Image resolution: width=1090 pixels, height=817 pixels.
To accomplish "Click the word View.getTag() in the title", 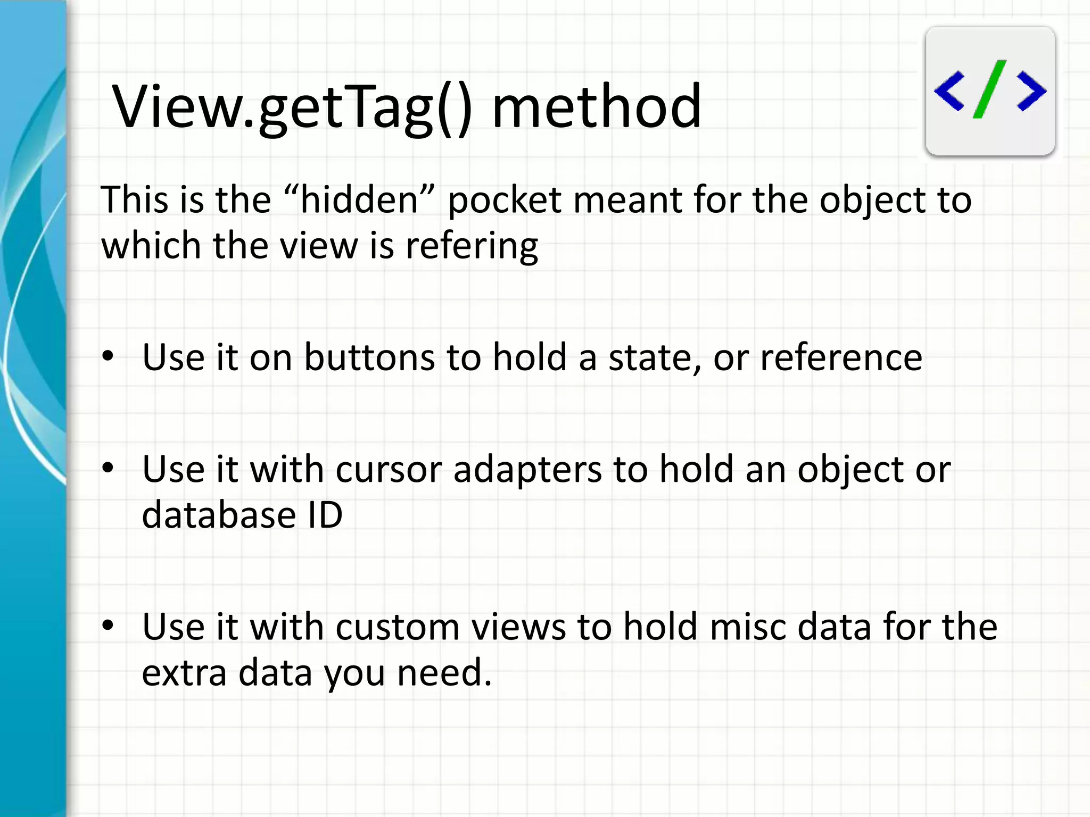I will tap(292, 106).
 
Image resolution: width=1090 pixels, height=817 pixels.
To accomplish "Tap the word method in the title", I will tap(596, 106).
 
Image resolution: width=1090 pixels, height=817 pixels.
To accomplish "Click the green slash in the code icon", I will tap(989, 89).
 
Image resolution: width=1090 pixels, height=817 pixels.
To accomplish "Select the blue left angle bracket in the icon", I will tap(949, 91).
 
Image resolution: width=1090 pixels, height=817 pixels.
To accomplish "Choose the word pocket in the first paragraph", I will tap(505, 201).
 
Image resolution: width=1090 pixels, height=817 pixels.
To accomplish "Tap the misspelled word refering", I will tap(472, 246).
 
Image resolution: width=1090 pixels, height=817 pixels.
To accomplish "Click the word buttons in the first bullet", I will tap(369, 357).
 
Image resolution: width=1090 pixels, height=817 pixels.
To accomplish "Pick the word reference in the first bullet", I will tap(841, 357).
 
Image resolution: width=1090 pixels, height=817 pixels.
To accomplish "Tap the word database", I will tap(219, 515).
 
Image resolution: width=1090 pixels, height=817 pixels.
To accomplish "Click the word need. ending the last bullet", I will tap(444, 673).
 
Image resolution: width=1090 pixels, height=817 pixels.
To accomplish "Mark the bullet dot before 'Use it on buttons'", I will tap(108, 357).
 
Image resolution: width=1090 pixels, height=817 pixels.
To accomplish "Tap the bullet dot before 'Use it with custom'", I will tap(108, 626).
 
